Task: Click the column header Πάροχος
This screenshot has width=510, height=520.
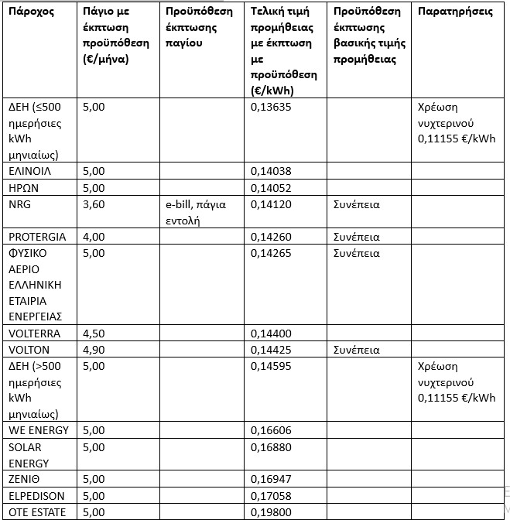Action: [x=32, y=13]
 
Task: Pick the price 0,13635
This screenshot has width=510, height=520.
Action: [x=271, y=108]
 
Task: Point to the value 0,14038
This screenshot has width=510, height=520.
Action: [x=271, y=171]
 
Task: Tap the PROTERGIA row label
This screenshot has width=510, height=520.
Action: [x=37, y=237]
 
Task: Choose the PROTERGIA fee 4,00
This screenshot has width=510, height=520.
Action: [x=93, y=237]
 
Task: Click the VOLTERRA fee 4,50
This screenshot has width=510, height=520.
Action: [x=93, y=334]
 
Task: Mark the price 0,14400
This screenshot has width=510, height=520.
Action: [x=271, y=334]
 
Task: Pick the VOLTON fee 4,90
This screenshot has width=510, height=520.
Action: [x=93, y=350]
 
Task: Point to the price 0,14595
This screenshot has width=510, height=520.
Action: [x=271, y=366]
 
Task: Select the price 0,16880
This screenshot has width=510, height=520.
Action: [x=271, y=447]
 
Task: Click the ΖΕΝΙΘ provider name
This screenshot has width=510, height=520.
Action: [x=25, y=480]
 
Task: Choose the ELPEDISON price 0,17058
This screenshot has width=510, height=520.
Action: [x=271, y=496]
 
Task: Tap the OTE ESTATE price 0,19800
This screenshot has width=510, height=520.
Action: [x=271, y=512]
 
